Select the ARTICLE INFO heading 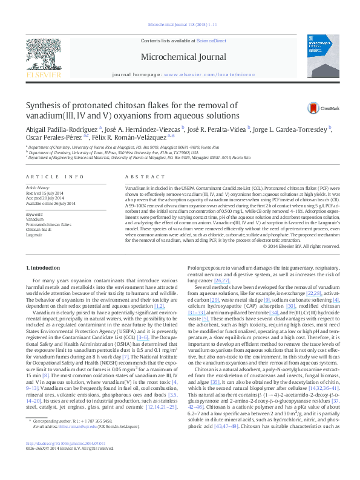(x=54, y=177)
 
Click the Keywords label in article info (x=34, y=214)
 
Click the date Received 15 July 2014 (x=45, y=193)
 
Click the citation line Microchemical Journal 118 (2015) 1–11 (x=180, y=25)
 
